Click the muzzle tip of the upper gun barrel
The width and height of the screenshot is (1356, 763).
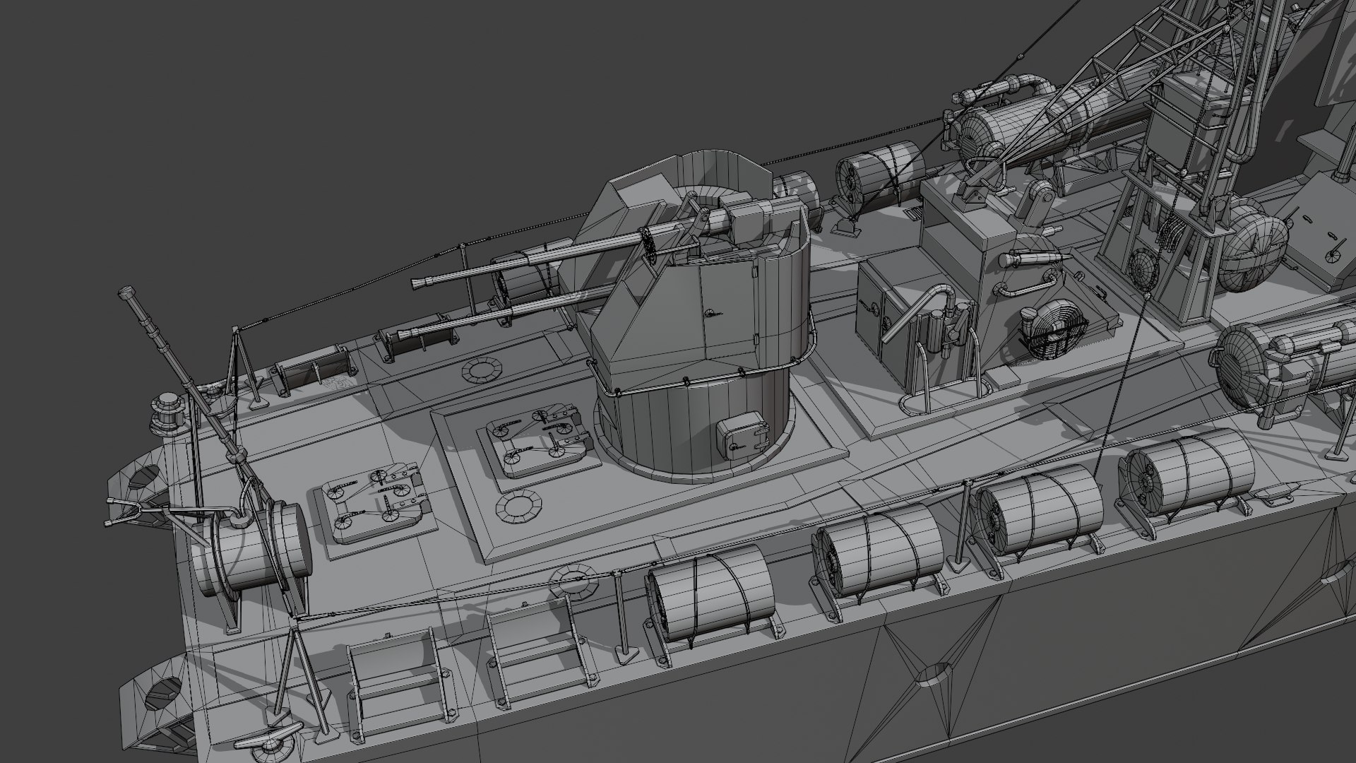[x=419, y=284]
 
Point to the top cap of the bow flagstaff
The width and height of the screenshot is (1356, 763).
[x=127, y=291]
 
